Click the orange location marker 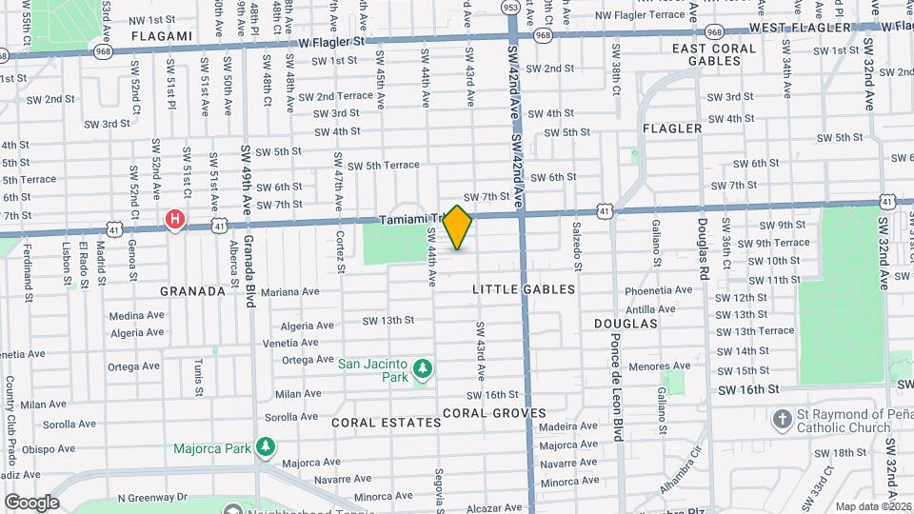click(458, 227)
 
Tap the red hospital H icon click(175, 220)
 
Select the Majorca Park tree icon click(268, 446)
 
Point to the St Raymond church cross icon click(782, 419)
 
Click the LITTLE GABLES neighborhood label click(525, 288)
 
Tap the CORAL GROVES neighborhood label click(494, 413)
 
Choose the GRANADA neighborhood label click(192, 291)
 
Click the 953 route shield click(511, 8)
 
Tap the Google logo click(31, 502)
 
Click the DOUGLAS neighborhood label click(626, 324)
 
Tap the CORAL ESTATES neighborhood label click(375, 420)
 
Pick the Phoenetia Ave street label click(658, 290)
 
